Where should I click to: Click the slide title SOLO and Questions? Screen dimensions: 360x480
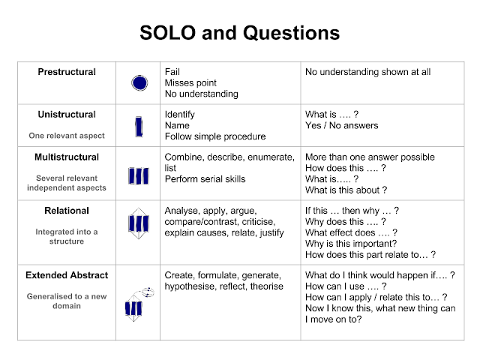240,34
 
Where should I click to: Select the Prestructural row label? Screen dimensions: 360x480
67,72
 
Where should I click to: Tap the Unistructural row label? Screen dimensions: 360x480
67,115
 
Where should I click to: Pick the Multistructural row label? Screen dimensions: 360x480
67,157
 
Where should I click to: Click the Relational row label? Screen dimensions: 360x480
67,211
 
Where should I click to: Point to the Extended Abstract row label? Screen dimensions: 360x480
67,275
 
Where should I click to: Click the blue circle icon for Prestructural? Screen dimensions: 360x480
138,83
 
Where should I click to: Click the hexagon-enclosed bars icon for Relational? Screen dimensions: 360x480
138,223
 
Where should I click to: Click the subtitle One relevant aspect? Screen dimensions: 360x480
67,136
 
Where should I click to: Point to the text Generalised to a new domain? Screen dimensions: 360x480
67,301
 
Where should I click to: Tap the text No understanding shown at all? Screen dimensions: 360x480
367,72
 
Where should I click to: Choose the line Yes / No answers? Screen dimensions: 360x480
341,125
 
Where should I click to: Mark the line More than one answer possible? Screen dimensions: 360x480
370,157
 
